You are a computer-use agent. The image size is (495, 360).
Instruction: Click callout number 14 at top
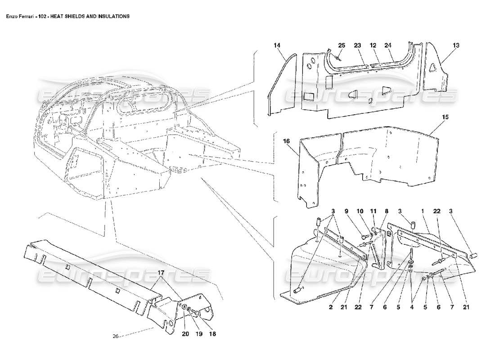pyautogui.click(x=277, y=45)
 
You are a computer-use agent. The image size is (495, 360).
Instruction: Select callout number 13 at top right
pyautogui.click(x=456, y=45)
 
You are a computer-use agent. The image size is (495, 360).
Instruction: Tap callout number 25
pyautogui.click(x=342, y=45)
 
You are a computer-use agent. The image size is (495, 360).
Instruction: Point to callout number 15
pyautogui.click(x=445, y=117)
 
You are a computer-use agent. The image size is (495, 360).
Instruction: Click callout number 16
pyautogui.click(x=286, y=141)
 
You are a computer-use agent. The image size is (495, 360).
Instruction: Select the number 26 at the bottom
pyautogui.click(x=116, y=337)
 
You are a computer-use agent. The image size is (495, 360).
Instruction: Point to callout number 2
pyautogui.click(x=330, y=307)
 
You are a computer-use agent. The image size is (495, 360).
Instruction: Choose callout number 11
pyautogui.click(x=373, y=211)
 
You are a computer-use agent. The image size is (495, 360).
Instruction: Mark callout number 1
pyautogui.click(x=423, y=211)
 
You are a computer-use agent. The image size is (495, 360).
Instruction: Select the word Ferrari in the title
pyautogui.click(x=27, y=16)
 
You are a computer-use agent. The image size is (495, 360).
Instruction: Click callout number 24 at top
pyautogui.click(x=387, y=45)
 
